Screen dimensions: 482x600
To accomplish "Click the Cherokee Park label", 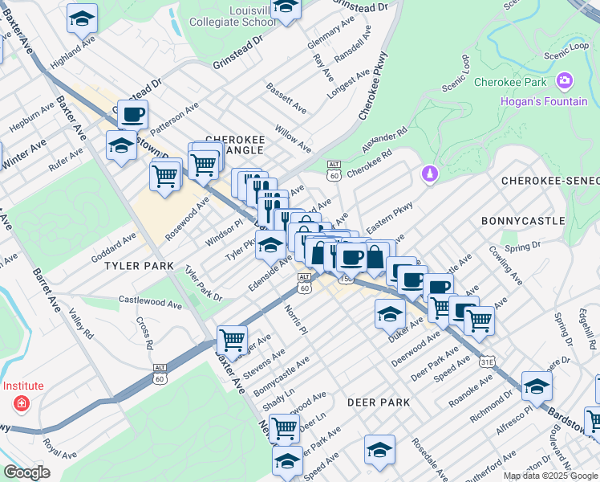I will click(509, 82).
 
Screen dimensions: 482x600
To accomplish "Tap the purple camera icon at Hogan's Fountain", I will click(565, 80).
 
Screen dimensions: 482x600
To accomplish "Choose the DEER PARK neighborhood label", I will click(379, 402).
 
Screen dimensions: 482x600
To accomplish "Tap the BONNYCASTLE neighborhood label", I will click(522, 220).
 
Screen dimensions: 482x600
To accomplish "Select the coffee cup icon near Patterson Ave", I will click(133, 113).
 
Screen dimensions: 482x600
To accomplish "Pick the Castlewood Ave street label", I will click(150, 301).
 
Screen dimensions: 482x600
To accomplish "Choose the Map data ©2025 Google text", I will click(549, 476).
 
